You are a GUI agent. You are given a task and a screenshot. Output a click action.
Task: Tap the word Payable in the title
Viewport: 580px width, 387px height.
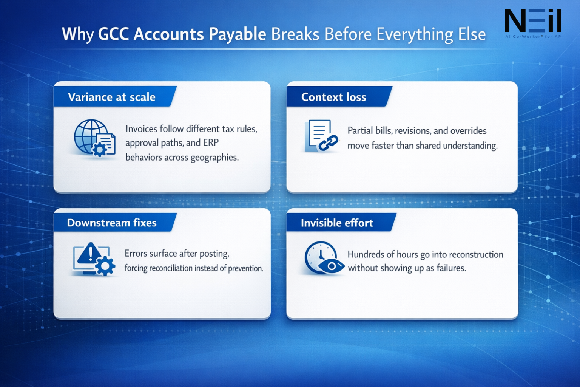(238, 34)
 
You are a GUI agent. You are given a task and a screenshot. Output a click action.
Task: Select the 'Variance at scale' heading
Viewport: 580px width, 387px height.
(112, 97)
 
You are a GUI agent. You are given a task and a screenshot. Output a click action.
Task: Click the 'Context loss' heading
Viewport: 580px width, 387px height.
(333, 97)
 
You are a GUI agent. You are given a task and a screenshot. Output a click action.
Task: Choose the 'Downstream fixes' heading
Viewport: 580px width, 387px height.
(112, 223)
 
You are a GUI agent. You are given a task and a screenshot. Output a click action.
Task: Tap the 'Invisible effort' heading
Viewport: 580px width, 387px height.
(337, 223)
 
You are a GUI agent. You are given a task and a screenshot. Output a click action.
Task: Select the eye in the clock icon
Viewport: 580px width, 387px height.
(331, 266)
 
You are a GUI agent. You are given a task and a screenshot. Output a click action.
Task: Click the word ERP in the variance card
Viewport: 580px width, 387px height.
(211, 143)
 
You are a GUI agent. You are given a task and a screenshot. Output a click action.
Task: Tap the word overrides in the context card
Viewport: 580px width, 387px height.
(468, 131)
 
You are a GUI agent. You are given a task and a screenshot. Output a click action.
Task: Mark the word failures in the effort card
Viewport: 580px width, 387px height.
(451, 268)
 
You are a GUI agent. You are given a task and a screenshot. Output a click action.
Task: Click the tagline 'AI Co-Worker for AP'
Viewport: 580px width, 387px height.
(533, 37)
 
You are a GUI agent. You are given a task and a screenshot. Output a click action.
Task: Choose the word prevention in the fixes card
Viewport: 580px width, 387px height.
(245, 268)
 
